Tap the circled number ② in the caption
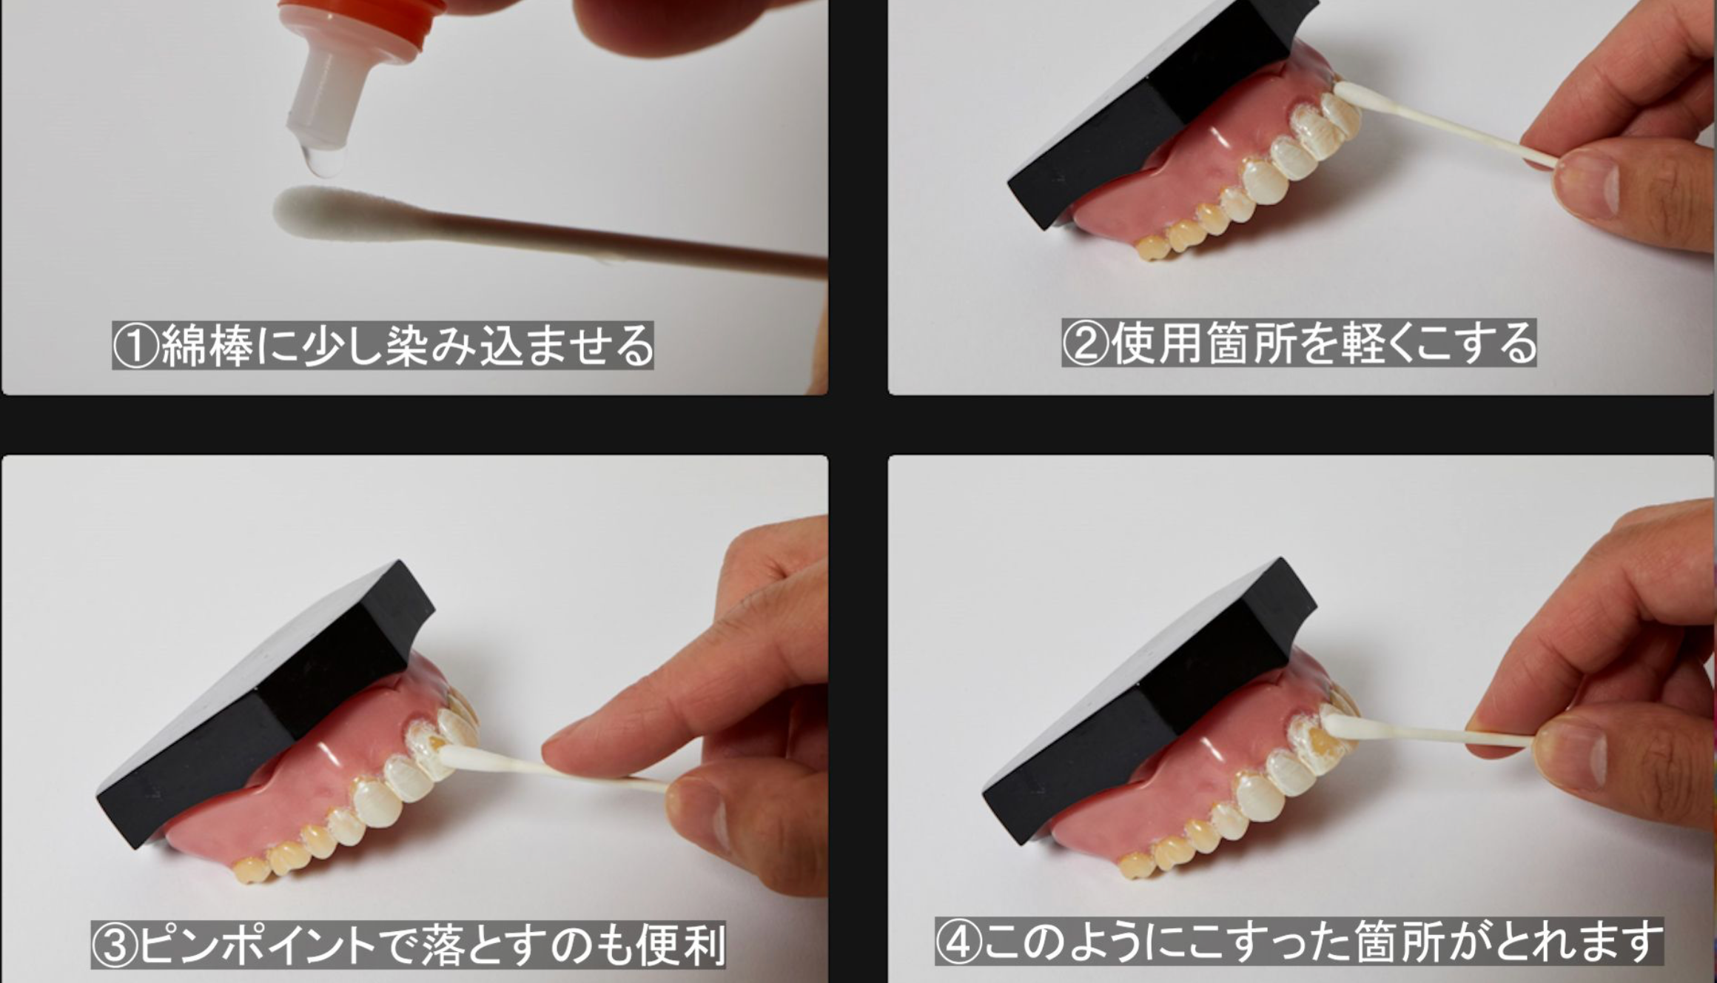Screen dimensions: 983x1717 pyautogui.click(x=1086, y=343)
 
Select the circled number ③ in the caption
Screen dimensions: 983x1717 pyautogui.click(x=115, y=945)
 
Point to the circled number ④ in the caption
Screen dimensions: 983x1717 pyautogui.click(x=959, y=942)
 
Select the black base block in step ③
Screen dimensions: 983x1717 pyautogui.click(x=259, y=703)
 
